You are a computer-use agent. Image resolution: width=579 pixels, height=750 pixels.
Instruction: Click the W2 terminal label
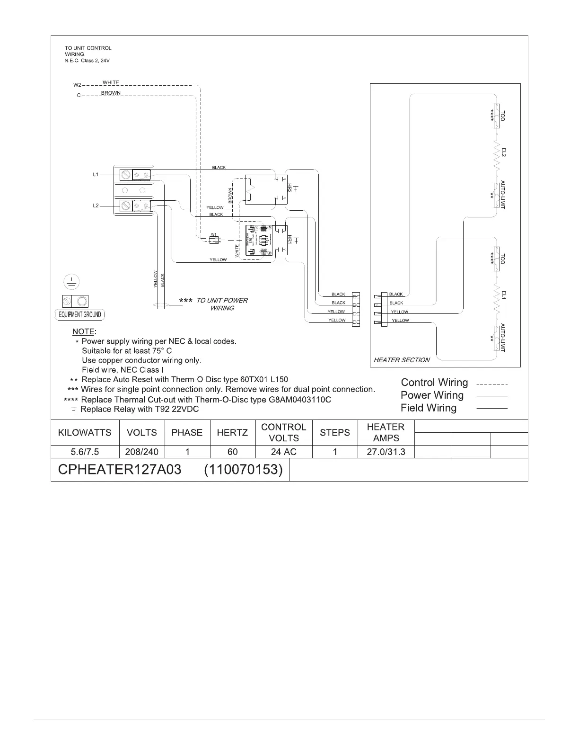[x=77, y=85]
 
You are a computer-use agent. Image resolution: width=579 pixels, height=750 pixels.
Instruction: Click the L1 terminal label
[x=95, y=175]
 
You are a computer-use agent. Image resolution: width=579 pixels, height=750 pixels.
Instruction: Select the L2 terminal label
[x=95, y=206]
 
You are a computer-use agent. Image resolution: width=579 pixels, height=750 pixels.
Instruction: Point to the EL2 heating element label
[x=503, y=152]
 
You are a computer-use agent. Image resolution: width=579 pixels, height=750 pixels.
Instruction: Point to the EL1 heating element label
[x=503, y=295]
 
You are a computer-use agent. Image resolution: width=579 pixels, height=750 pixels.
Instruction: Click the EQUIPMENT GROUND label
[x=80, y=315]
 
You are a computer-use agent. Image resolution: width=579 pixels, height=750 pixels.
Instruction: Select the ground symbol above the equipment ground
[x=72, y=283]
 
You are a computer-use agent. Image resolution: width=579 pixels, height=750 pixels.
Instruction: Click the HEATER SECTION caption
[x=402, y=360]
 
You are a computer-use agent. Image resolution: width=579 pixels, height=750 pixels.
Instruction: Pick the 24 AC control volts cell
[x=284, y=452]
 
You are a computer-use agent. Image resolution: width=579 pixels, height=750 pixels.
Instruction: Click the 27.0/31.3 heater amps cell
[x=386, y=452]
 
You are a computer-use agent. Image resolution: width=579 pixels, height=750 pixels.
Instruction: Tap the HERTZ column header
[x=232, y=432]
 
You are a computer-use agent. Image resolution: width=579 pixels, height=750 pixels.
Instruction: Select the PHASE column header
[x=187, y=432]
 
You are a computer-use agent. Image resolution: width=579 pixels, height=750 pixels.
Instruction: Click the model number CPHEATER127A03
[x=119, y=470]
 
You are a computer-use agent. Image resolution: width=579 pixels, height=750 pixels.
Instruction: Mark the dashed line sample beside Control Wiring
[x=491, y=384]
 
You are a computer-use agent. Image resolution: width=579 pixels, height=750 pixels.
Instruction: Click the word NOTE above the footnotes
[x=84, y=331]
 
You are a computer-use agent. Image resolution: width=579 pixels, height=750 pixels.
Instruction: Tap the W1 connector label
[x=214, y=234]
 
